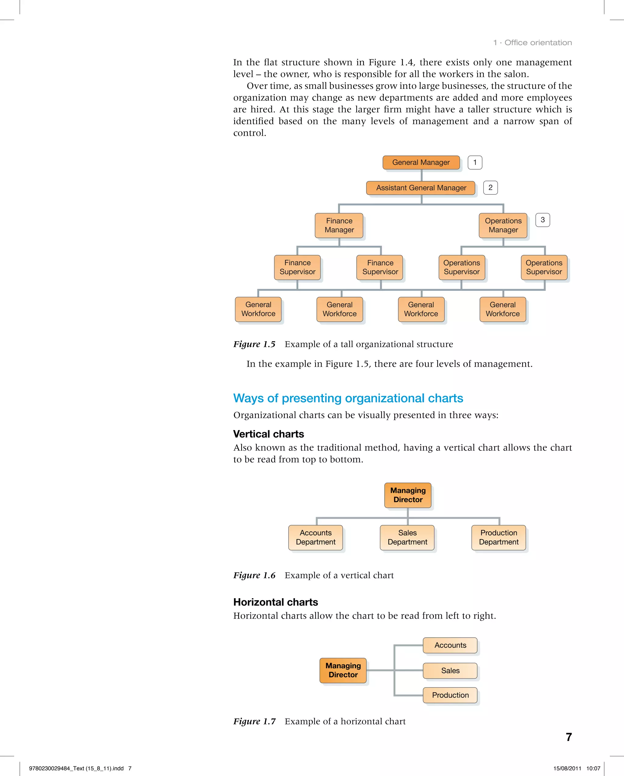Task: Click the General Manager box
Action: point(421,162)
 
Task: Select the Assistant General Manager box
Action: point(420,188)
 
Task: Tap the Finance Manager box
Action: point(339,225)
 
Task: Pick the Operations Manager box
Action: point(503,225)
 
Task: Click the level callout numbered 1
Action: point(475,162)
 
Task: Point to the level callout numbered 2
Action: point(490,188)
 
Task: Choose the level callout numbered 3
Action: point(542,220)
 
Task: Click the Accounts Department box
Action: point(315,537)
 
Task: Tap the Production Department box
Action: point(498,537)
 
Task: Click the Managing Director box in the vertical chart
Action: point(408,495)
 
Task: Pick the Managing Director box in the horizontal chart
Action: point(343,670)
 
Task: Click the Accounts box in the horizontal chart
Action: point(450,645)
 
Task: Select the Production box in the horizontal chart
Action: point(450,695)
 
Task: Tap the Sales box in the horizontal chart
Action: point(450,671)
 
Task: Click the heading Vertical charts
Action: point(268,434)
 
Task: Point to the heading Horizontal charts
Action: point(275,602)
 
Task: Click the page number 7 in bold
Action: point(569,737)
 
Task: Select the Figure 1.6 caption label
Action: point(254,575)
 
